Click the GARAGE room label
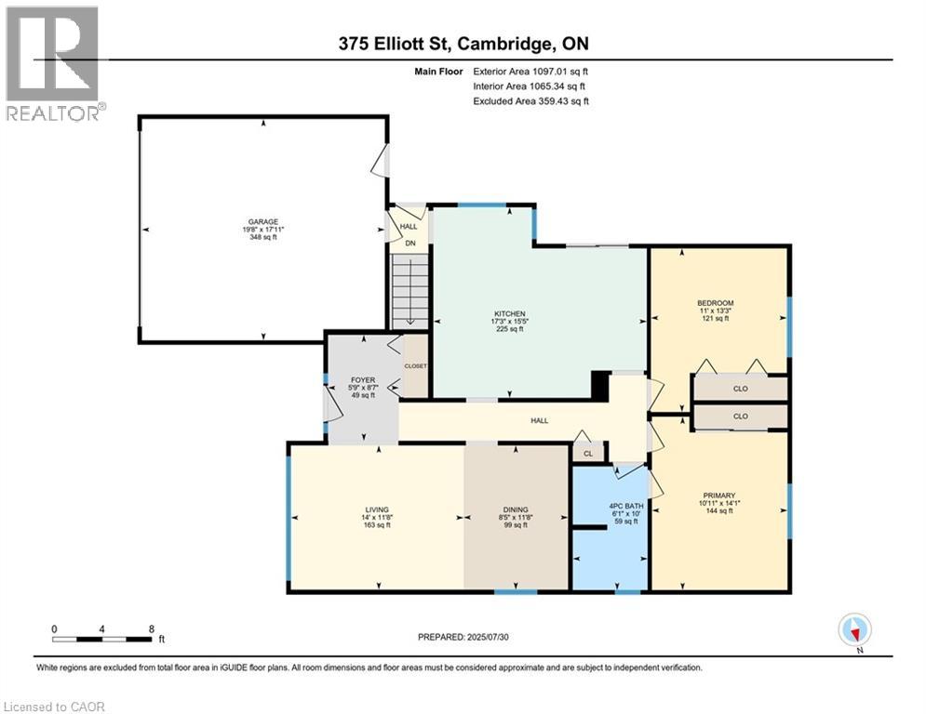(262, 221)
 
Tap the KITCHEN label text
(510, 314)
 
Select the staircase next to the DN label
(409, 291)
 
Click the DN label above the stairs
(409, 244)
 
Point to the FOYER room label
(361, 379)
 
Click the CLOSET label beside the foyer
(415, 366)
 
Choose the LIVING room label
(376, 509)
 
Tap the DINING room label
(516, 509)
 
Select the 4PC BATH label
(610, 506)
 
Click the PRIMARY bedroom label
(719, 496)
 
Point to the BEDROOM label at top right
(716, 303)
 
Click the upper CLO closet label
(740, 389)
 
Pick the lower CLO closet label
(740, 416)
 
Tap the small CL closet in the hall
(586, 454)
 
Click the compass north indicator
(853, 629)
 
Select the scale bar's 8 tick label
(152, 628)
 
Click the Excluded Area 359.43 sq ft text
(530, 101)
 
